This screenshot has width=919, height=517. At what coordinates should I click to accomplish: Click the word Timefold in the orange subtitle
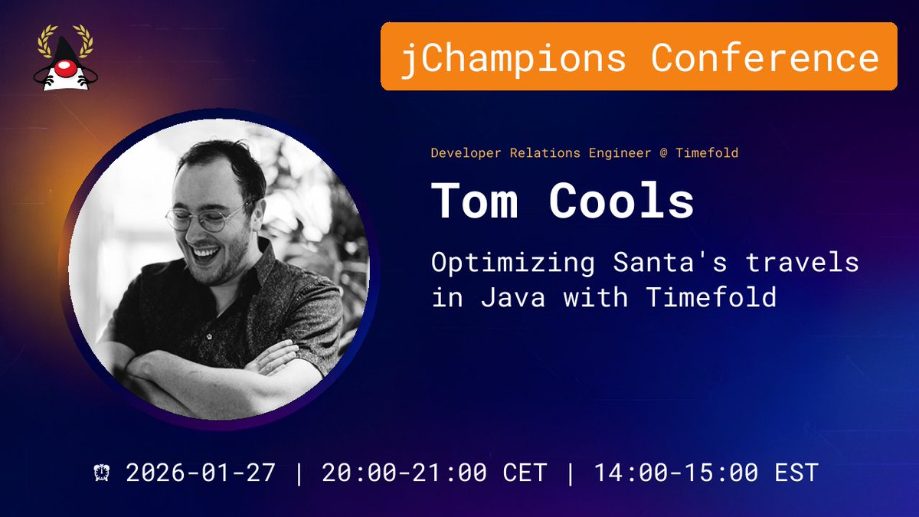[x=707, y=152]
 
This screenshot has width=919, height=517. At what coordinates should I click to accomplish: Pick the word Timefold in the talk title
[x=711, y=296]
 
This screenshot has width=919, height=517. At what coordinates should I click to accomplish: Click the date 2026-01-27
[x=201, y=472]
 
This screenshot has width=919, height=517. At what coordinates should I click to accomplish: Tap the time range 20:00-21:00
[x=404, y=472]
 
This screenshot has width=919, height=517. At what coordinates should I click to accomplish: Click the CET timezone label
[x=525, y=472]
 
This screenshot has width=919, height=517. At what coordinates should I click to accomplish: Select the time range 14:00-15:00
[x=676, y=472]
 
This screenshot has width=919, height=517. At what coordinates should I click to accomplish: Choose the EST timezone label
[x=796, y=472]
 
